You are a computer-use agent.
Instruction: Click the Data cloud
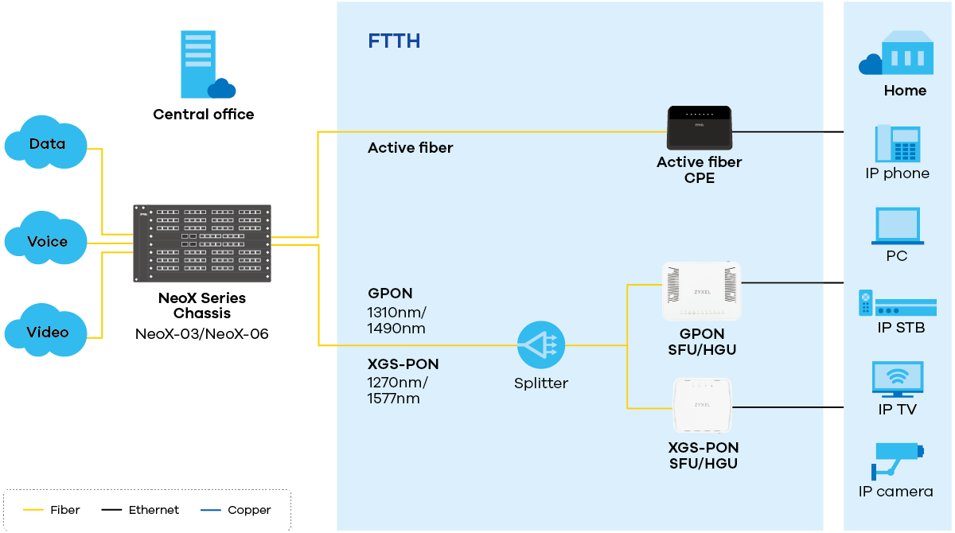pyautogui.click(x=46, y=143)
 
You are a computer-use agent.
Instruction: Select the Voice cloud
pyautogui.click(x=46, y=241)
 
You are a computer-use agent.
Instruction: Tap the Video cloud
pyautogui.click(x=46, y=331)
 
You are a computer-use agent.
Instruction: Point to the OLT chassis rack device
pyautogui.click(x=202, y=243)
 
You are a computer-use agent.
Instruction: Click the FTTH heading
pyautogui.click(x=394, y=41)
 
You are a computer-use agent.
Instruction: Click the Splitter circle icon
pyautogui.click(x=541, y=345)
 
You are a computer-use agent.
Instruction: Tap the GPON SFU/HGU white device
pyautogui.click(x=701, y=291)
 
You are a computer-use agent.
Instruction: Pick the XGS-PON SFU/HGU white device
pyautogui.click(x=702, y=405)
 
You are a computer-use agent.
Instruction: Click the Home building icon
pyautogui.click(x=898, y=54)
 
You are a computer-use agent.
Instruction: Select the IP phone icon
pyautogui.click(x=898, y=144)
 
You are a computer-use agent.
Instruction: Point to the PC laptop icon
pyautogui.click(x=897, y=226)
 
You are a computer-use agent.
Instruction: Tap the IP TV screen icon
pyautogui.click(x=897, y=379)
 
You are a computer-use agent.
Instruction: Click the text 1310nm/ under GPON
pyautogui.click(x=396, y=312)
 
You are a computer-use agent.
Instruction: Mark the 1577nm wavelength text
pyautogui.click(x=393, y=399)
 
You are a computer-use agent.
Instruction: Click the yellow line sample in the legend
pyautogui.click(x=33, y=509)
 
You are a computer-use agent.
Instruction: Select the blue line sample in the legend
pyautogui.click(x=211, y=509)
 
